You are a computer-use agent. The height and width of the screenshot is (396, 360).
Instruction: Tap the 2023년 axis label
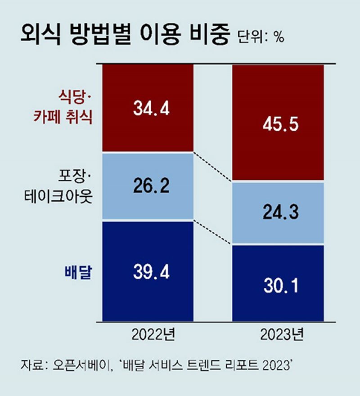(279, 335)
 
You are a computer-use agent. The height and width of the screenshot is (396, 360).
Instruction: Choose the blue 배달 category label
(76, 273)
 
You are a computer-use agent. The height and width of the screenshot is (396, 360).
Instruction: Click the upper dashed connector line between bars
(213, 167)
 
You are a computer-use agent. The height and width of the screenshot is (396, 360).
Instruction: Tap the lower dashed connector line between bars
(213, 233)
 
